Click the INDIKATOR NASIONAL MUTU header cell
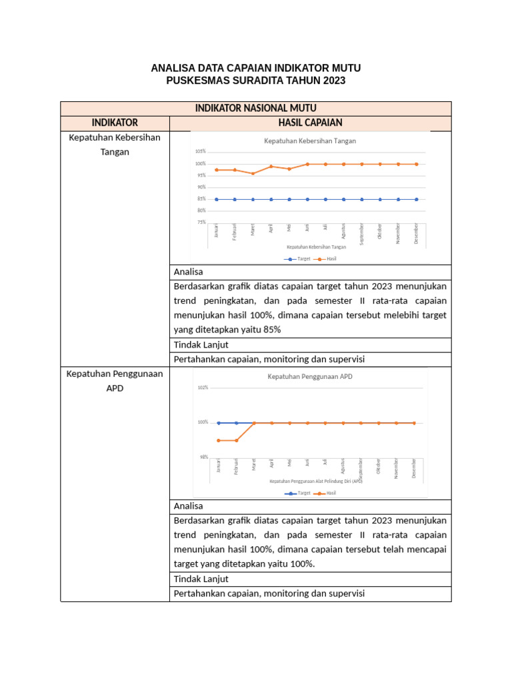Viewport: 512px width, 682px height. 255,108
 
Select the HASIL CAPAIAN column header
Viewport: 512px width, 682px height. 310,123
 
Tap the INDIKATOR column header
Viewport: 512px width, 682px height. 115,123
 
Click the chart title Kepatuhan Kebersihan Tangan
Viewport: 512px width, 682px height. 310,141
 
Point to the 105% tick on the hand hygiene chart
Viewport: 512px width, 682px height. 200,152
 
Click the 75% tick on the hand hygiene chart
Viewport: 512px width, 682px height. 201,222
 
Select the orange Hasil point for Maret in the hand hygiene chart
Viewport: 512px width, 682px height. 253,173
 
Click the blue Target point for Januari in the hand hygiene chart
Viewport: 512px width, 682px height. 217,199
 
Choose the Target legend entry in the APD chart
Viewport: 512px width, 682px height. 299,494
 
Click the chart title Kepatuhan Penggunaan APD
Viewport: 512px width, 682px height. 310,376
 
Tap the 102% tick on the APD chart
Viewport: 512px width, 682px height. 203,388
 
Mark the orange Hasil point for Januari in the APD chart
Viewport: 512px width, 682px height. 218,440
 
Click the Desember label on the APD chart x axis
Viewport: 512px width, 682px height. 414,468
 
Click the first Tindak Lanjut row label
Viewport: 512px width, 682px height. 201,344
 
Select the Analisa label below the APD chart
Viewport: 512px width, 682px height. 188,506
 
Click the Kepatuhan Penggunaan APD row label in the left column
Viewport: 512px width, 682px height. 115,381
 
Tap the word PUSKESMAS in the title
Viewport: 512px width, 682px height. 195,81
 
